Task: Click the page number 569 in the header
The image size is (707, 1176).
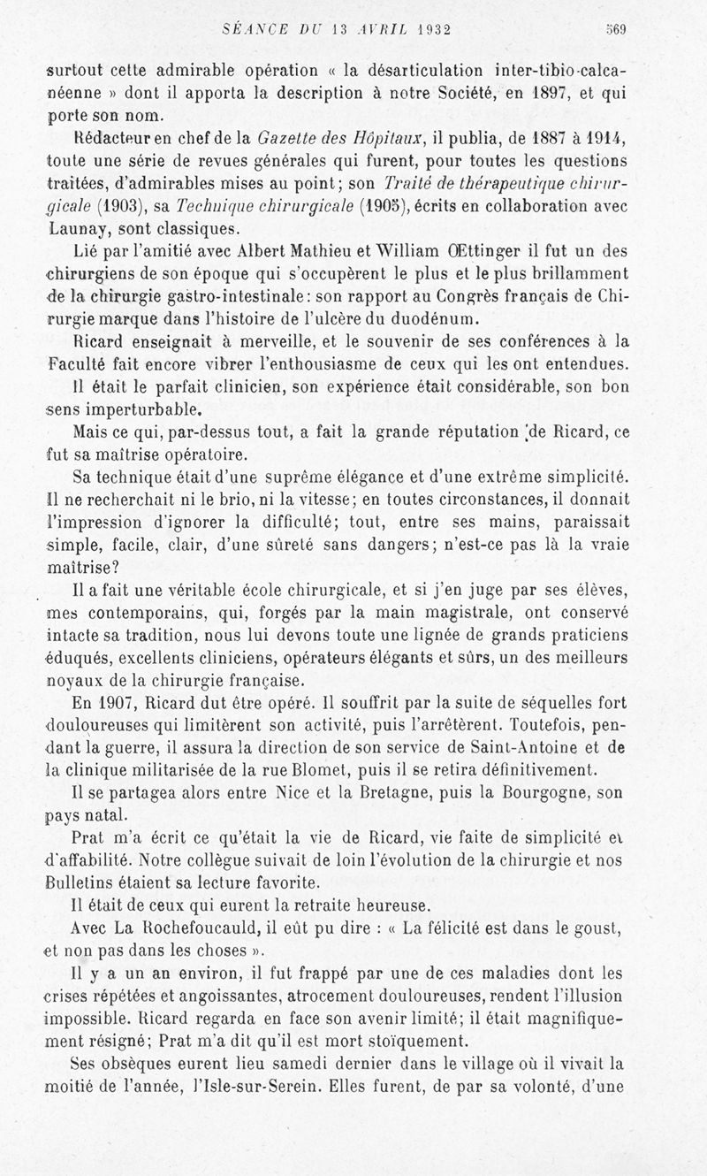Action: [x=616, y=29]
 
